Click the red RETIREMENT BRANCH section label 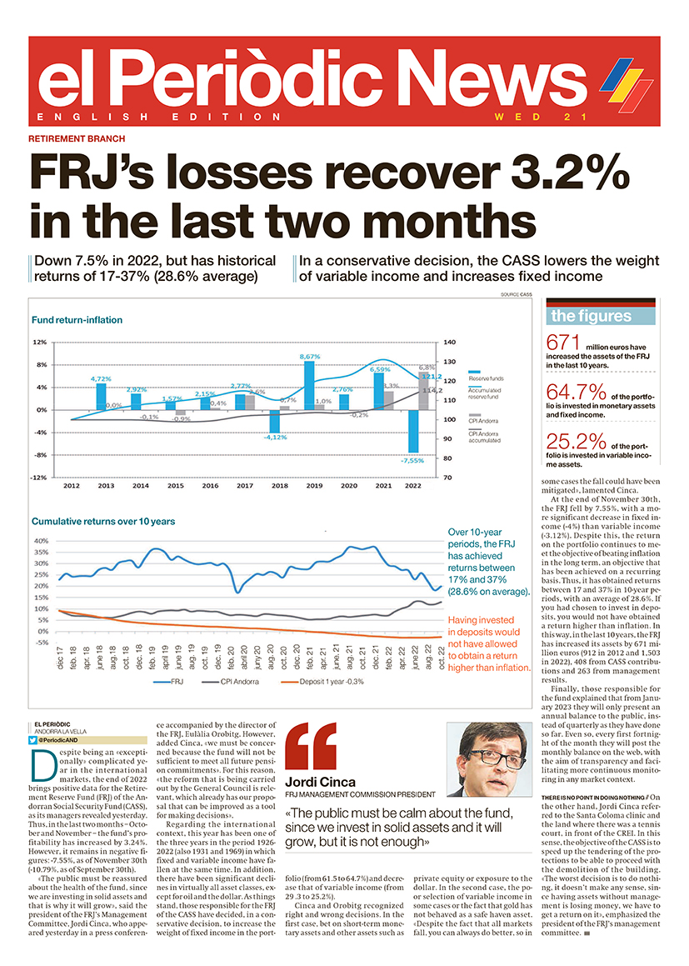77,139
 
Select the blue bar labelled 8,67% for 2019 309,384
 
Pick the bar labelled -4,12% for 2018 274,422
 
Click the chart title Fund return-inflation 77,320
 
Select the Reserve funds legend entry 486,379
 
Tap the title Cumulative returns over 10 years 103,522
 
